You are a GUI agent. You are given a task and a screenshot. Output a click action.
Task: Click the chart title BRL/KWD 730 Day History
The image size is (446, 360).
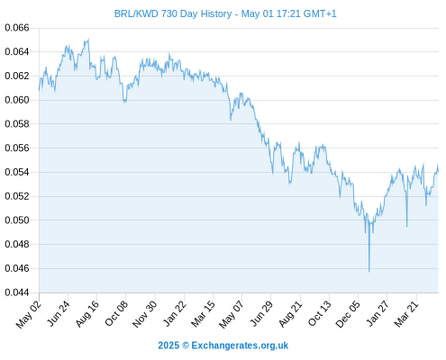[173, 13]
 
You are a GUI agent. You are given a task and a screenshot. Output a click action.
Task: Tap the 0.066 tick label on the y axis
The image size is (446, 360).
[17, 28]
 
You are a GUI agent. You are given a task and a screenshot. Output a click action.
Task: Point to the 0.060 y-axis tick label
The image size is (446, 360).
[17, 100]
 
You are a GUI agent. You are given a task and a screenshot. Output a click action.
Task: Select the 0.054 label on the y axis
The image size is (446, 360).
[17, 172]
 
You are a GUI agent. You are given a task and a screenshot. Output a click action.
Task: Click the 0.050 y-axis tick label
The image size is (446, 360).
[17, 220]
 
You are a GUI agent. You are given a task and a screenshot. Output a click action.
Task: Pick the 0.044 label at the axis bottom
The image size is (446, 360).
[17, 292]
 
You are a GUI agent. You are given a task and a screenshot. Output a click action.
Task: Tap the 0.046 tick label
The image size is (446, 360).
[17, 268]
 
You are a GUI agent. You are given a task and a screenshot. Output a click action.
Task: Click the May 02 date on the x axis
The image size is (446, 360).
[28, 314]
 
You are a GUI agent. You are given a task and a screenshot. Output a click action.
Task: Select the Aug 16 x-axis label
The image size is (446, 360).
[87, 314]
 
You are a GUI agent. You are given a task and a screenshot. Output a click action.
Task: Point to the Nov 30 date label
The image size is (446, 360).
[145, 314]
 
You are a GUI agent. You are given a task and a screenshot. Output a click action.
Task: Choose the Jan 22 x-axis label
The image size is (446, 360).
[175, 314]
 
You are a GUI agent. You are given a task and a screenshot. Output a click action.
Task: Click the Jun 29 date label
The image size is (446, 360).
[261, 314]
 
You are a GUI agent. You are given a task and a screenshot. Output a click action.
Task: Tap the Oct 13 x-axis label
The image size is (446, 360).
[320, 314]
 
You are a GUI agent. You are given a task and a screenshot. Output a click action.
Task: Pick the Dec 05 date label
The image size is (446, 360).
[348, 314]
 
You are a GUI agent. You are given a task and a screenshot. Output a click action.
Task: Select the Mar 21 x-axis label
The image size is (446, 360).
[406, 314]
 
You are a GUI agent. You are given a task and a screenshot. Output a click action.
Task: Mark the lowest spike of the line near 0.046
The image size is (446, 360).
[369, 272]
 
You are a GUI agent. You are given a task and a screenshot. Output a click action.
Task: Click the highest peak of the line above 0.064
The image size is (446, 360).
[88, 39]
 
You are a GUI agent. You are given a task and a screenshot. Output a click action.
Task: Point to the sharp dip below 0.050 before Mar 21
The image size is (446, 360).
[406, 226]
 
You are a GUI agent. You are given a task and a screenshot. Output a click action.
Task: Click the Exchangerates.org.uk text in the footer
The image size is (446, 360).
[240, 346]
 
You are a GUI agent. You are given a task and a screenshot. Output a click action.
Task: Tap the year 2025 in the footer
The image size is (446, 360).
[168, 346]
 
